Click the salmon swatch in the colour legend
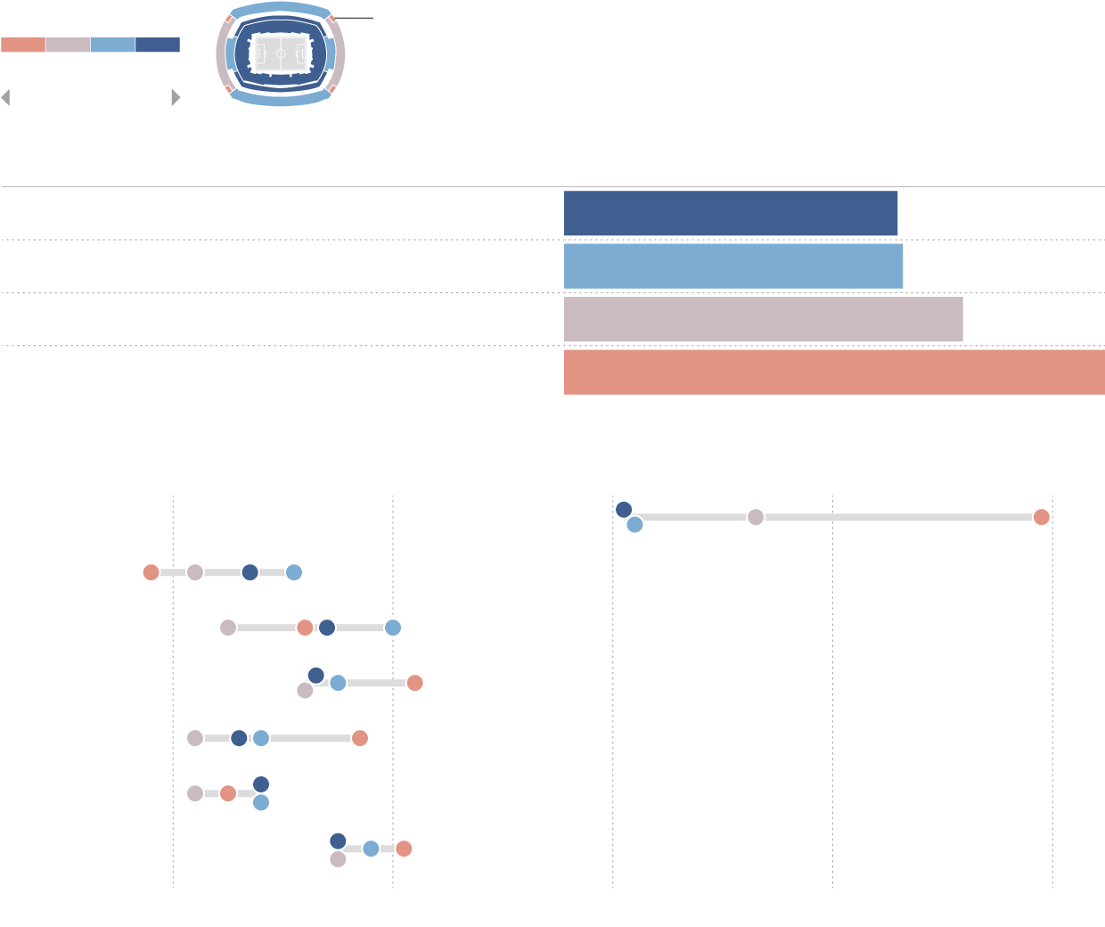pos(23,45)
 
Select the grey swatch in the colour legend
pos(68,45)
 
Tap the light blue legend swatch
pos(112,45)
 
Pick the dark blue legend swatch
pos(158,45)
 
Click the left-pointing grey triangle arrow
pos(5,98)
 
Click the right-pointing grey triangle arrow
pos(176,98)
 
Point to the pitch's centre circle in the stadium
pos(281,54)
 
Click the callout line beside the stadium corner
pos(355,18)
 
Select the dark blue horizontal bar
pos(731,213)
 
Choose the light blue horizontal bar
pos(733,266)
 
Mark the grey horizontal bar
pos(764,319)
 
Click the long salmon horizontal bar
pos(834,373)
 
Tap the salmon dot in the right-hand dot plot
pos(1041,517)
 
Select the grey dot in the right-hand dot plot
pos(756,517)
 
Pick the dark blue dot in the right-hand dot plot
pos(624,510)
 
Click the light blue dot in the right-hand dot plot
pos(634,525)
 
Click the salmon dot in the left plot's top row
pos(151,572)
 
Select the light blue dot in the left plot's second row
pos(393,628)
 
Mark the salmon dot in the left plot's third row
pos(414,683)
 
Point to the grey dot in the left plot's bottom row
pos(338,859)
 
